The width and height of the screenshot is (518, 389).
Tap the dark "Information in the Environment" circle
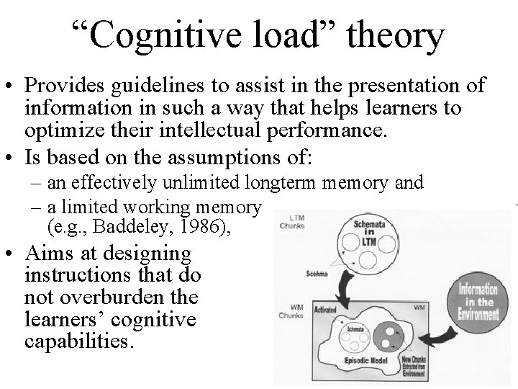coord(473,301)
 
